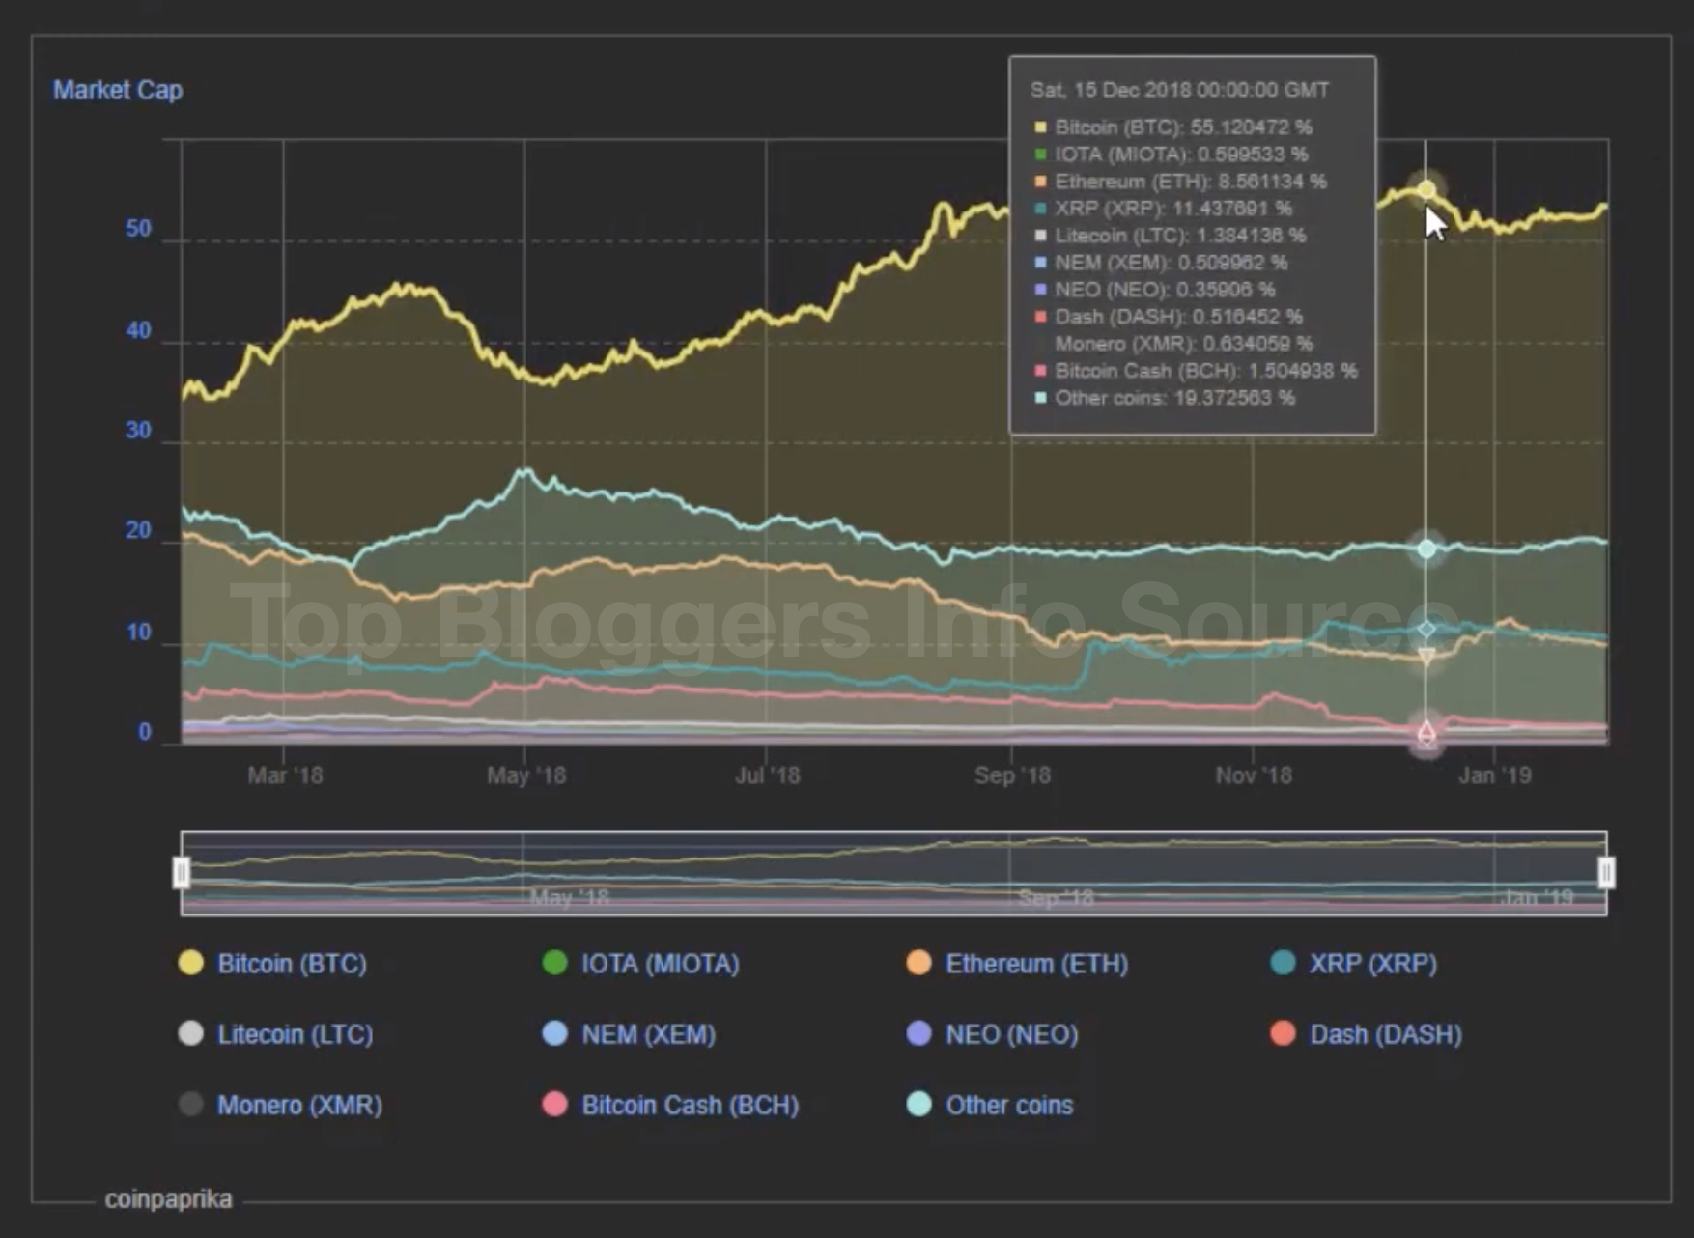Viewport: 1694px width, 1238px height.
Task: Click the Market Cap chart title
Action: pos(117,90)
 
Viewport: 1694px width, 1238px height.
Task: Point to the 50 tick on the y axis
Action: pos(139,229)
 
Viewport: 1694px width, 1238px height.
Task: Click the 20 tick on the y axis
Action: pos(139,530)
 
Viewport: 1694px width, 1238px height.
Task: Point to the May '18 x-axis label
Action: pos(526,775)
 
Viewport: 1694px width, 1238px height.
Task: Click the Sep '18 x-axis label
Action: pos(1012,775)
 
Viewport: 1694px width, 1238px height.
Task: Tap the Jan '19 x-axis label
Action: pos(1494,775)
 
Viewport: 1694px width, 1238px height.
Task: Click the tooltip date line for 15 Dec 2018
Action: pos(1179,90)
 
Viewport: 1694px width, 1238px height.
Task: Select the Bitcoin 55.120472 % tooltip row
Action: pos(1182,127)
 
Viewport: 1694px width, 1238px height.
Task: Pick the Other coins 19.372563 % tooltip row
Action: pos(1173,398)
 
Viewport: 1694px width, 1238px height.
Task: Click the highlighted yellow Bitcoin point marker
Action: pos(1426,190)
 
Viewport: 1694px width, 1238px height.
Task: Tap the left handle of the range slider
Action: pos(182,872)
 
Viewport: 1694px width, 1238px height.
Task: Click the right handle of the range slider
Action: pos(1606,872)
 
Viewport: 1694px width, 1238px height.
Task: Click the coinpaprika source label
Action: pos(168,1199)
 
